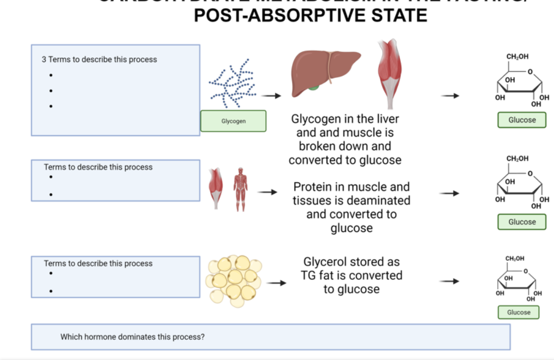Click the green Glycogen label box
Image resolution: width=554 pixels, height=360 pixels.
[233, 121]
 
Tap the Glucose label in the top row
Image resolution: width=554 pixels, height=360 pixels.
[522, 120]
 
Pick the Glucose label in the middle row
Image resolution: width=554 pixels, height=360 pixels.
[522, 222]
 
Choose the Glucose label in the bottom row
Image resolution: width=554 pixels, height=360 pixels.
[519, 312]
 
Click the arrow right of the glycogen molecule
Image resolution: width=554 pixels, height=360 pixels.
[271, 96]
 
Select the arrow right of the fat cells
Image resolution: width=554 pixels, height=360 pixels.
[276, 283]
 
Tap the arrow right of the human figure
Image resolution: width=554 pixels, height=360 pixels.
[267, 192]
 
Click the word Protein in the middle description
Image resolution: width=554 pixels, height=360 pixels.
[314, 187]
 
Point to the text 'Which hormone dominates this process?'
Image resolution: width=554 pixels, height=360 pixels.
[133, 337]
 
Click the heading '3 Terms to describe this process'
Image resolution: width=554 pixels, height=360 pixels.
[99, 59]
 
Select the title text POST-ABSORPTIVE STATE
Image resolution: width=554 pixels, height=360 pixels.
[311, 15]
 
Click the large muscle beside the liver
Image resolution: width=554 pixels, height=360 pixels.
[390, 74]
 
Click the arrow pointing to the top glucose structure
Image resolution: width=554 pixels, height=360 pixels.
[450, 96]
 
